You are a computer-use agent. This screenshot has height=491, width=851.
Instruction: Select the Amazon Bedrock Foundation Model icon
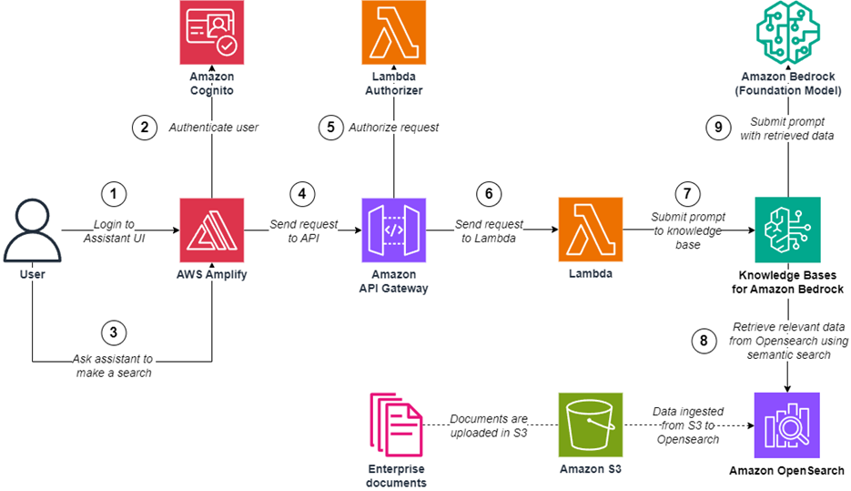(786, 34)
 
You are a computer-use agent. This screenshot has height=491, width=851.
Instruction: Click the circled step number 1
(113, 194)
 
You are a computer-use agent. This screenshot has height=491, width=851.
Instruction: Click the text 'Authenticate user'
(214, 128)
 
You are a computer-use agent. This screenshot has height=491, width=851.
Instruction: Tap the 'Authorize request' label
(393, 128)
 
